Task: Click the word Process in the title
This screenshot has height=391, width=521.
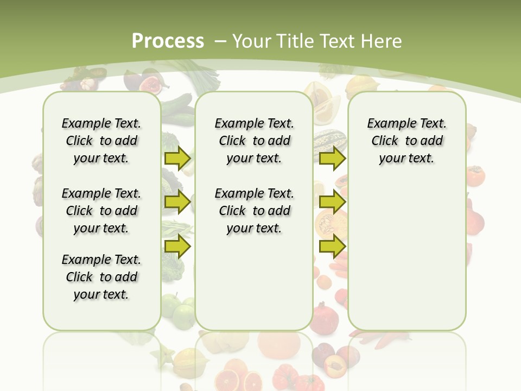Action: coord(168,41)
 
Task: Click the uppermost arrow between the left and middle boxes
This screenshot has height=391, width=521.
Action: coord(177,158)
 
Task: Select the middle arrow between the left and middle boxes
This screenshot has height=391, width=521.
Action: coord(177,202)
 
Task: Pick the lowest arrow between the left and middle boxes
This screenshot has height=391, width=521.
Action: coord(177,247)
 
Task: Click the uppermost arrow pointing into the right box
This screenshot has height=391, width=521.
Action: coord(332,158)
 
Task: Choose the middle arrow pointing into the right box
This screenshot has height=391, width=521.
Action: coord(332,202)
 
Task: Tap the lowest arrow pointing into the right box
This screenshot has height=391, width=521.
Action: coord(332,247)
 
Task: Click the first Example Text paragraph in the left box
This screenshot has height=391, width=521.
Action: coord(101,141)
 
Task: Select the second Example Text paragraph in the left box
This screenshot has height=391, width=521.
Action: coord(101,211)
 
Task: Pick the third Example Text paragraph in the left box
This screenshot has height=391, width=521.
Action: coord(101,277)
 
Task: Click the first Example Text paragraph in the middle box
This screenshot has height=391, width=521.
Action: coord(254,141)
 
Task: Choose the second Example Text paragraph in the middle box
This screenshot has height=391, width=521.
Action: coord(254,211)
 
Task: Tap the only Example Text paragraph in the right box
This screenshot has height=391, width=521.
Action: coord(406,141)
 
